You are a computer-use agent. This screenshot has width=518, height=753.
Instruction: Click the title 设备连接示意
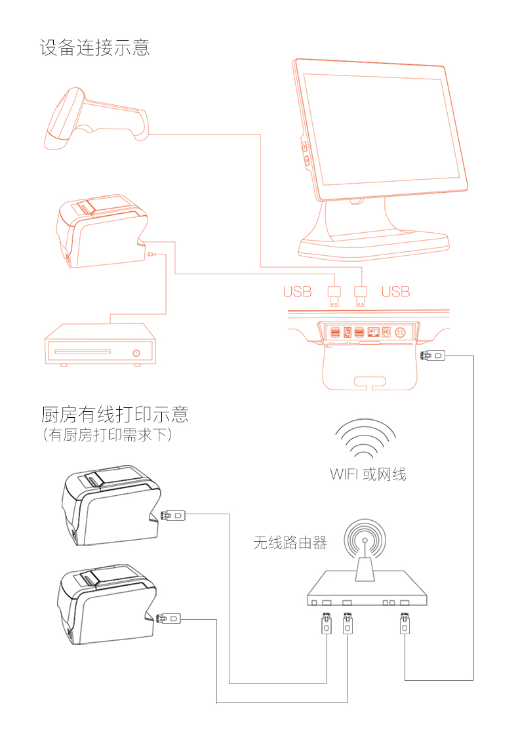pos(94,48)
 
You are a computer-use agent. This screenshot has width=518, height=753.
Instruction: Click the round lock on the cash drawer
pos(136,353)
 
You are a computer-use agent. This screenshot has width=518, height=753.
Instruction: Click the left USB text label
pos(297,292)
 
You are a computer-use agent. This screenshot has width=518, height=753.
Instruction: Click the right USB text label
pos(395,292)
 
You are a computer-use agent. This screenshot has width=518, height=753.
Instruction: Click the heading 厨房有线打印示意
pos(115,415)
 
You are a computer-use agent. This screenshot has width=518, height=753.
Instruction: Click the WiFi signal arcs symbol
pos(365,439)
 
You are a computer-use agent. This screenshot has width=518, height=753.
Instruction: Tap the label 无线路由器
pos(290,543)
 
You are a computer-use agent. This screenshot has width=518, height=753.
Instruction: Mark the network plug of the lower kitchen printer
pos(172,618)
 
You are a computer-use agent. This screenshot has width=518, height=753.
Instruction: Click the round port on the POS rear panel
pos(401,333)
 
